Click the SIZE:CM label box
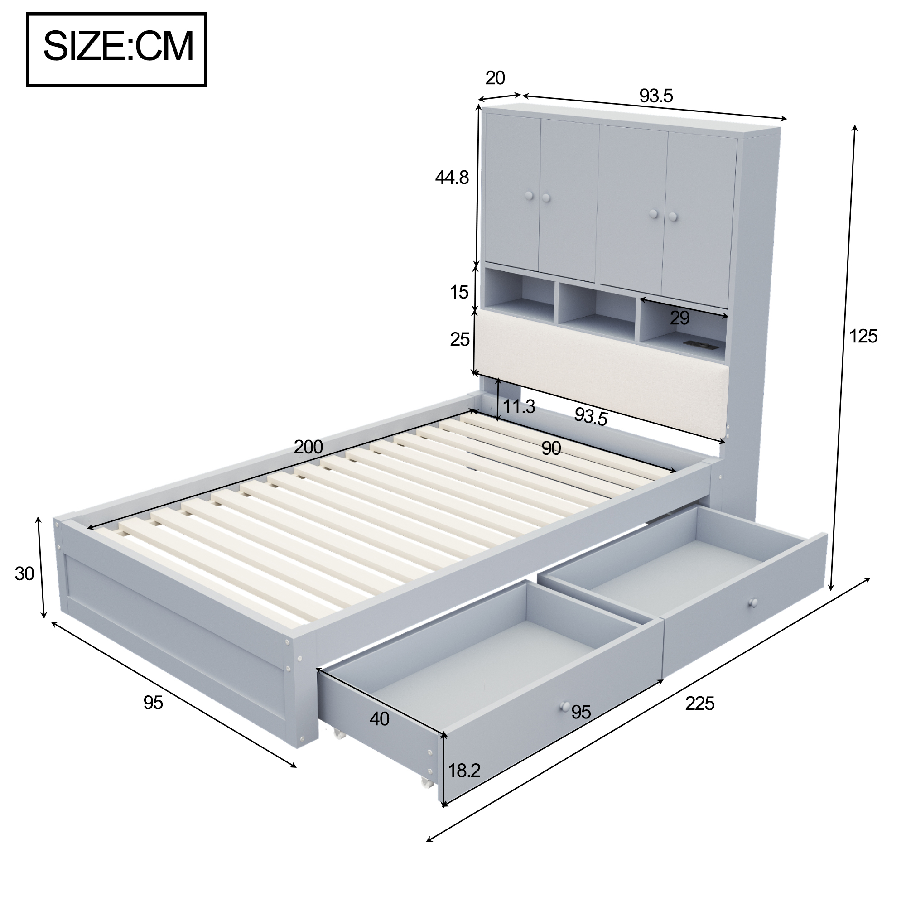(117, 50)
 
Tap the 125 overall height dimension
(863, 336)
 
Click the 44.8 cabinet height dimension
(452, 178)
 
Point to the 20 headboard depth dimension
(495, 78)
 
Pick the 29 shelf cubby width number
(680, 318)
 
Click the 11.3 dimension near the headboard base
(519, 407)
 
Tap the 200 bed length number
(308, 447)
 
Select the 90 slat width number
(551, 449)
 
